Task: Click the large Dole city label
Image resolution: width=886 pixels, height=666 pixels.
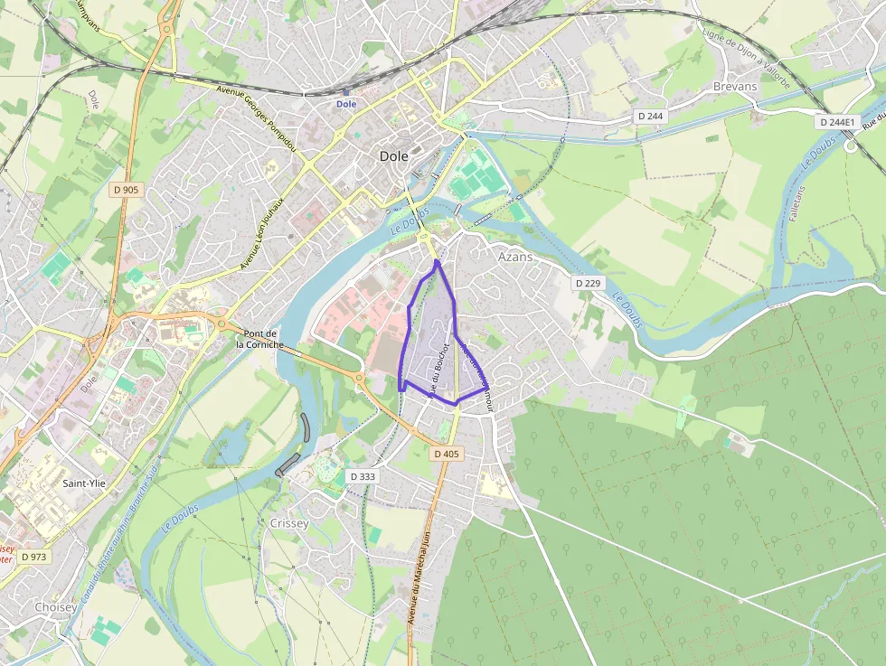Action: click(393, 156)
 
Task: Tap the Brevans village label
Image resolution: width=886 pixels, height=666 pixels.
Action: click(734, 86)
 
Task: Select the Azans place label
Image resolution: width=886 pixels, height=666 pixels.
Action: click(515, 257)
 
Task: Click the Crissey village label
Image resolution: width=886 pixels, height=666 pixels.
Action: click(289, 523)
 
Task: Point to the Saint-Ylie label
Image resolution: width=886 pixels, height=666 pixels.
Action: click(87, 483)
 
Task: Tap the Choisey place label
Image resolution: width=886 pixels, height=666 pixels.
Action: click(55, 607)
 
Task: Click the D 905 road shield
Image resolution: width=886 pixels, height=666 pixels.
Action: click(127, 190)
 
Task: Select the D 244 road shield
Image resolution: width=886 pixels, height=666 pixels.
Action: click(650, 116)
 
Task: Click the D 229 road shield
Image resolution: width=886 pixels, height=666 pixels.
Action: click(588, 284)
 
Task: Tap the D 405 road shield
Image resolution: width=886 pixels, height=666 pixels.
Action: click(447, 454)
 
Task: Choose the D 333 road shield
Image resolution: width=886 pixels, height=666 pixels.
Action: click(362, 476)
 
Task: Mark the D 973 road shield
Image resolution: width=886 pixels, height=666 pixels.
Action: click(33, 557)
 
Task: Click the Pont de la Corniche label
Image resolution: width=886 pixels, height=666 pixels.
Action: click(260, 339)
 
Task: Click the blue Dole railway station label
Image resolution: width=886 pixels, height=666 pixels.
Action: click(346, 104)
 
